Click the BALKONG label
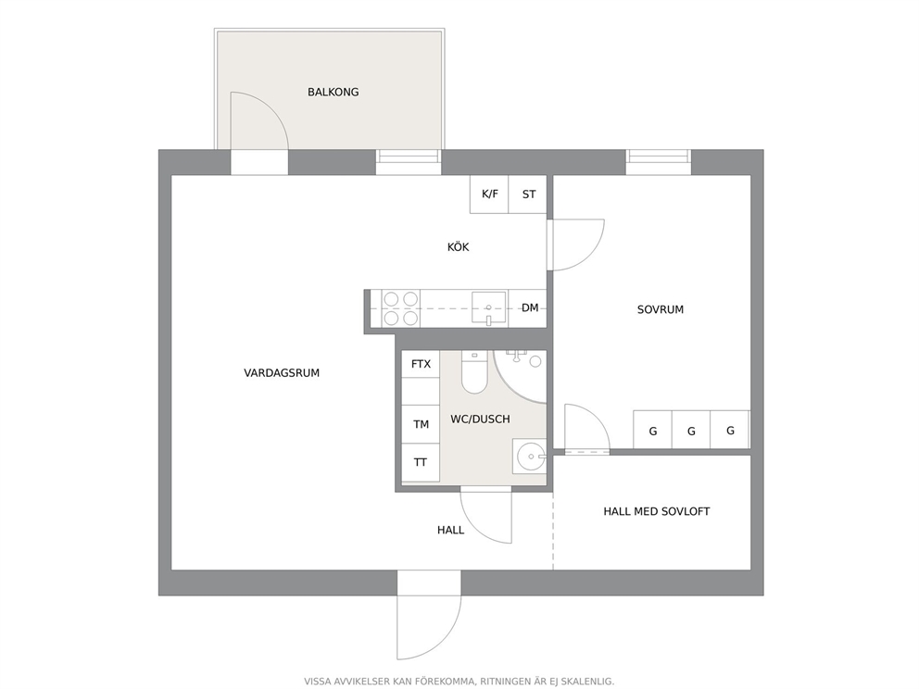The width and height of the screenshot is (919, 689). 333,92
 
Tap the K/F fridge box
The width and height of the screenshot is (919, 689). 489,194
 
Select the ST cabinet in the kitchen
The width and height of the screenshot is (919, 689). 528,194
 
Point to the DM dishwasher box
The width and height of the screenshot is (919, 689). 529,307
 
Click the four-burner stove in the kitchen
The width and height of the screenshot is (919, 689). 401,308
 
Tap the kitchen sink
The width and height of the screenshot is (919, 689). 489,307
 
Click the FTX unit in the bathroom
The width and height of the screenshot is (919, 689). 421,364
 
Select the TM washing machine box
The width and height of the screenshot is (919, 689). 421,424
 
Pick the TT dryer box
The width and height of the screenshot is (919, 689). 421,463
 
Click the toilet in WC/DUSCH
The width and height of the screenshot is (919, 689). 474,372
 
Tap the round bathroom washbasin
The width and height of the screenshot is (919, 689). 530,456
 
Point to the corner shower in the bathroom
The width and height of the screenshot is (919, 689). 521,376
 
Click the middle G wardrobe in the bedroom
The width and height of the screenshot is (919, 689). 691,431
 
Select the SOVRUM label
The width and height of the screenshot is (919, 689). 661,309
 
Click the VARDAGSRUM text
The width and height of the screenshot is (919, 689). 282,372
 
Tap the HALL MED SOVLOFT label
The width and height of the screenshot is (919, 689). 657,511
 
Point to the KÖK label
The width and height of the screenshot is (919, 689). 459,247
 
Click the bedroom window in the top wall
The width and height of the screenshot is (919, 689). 658,162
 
